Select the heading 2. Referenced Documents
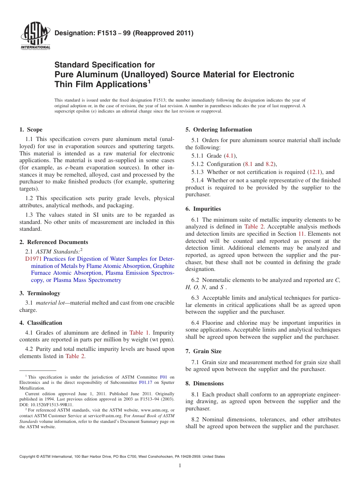point(54,242)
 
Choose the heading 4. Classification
point(41,323)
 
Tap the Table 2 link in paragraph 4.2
point(75,356)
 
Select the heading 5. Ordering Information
point(219,130)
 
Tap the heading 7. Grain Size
point(203,351)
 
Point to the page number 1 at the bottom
point(180,466)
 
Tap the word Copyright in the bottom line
point(28,457)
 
